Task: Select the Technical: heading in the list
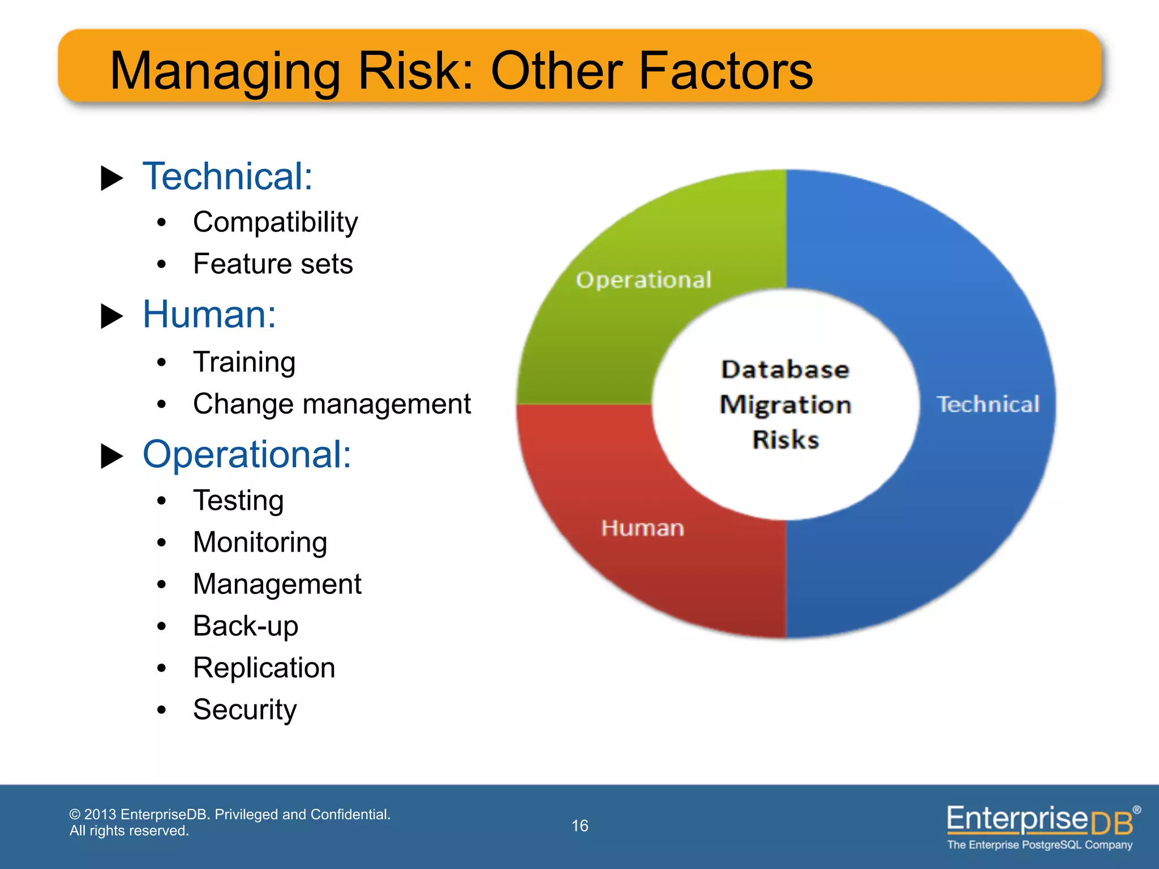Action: pos(227,177)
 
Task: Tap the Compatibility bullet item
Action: pos(275,222)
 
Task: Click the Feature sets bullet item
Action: pos(273,264)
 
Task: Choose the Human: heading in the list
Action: pos(209,315)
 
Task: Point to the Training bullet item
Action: pos(244,362)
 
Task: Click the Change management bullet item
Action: pos(332,404)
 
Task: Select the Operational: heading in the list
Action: pos(247,454)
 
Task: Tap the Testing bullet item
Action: pos(238,501)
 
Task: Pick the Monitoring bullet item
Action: pos(260,542)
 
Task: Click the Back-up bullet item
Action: pos(245,626)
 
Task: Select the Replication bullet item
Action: pos(264,668)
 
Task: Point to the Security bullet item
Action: pos(244,709)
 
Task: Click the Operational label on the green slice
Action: pos(643,280)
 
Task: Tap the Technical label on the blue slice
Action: pos(988,405)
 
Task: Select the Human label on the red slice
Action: pos(642,528)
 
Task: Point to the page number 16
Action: pos(579,826)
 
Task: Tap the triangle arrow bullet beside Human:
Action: pos(111,316)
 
